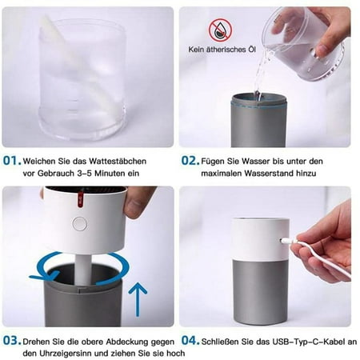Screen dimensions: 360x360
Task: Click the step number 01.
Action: [x=12, y=161]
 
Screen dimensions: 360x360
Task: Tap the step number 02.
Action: [x=190, y=161]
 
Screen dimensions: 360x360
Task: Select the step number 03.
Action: [x=12, y=341]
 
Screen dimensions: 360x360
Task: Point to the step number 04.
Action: [x=190, y=341]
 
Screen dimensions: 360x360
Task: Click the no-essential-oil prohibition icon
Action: [x=220, y=30]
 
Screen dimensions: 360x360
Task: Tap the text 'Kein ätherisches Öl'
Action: [x=222, y=50]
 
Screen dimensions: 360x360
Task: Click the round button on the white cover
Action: [x=80, y=223]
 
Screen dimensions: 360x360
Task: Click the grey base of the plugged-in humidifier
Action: [x=261, y=292]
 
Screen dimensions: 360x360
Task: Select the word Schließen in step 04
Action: [x=220, y=342]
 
